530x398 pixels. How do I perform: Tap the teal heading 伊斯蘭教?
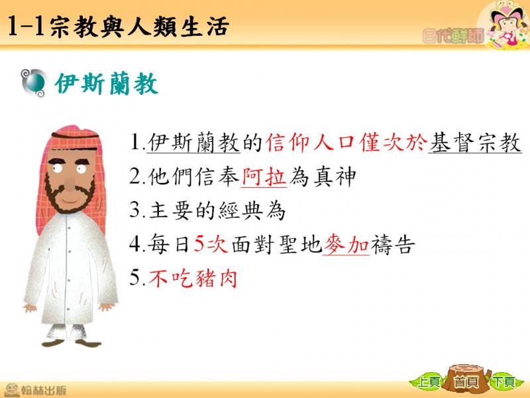pos(107,84)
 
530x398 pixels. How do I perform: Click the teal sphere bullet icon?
pos(34,83)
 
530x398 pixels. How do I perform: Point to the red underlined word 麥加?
pos(346,244)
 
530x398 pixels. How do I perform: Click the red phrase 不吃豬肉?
pos(193,279)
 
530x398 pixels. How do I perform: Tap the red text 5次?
pos(211,244)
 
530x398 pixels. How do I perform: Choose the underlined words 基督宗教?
pos(475,143)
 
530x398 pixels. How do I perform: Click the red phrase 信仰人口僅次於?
pos(346,143)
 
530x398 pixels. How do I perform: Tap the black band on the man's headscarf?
pos(75,136)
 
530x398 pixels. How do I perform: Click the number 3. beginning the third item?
pos(137,210)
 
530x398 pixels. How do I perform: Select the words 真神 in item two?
pos(335,176)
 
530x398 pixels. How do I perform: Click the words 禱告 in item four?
pos(393,244)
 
